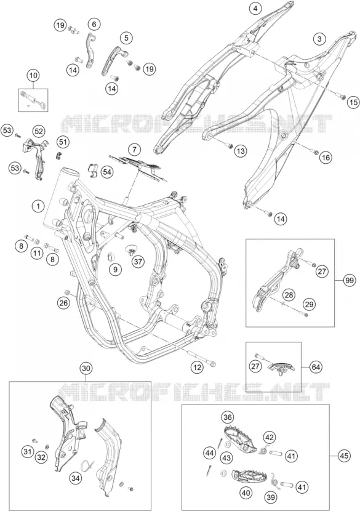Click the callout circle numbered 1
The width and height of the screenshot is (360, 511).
38,206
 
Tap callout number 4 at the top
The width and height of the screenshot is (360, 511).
255,9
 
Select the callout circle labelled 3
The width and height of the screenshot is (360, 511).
319,39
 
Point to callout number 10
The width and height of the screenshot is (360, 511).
33,76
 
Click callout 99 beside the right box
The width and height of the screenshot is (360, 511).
350,281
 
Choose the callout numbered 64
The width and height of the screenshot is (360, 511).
315,368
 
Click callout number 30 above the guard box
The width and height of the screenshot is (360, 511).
86,369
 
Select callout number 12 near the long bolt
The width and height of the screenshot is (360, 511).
197,368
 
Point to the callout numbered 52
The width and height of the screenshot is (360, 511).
38,131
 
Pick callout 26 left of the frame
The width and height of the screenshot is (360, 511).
63,303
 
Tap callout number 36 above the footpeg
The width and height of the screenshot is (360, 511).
228,417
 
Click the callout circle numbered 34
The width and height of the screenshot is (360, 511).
76,478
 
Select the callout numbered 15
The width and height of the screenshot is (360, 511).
353,102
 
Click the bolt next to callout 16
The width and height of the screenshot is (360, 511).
314,152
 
